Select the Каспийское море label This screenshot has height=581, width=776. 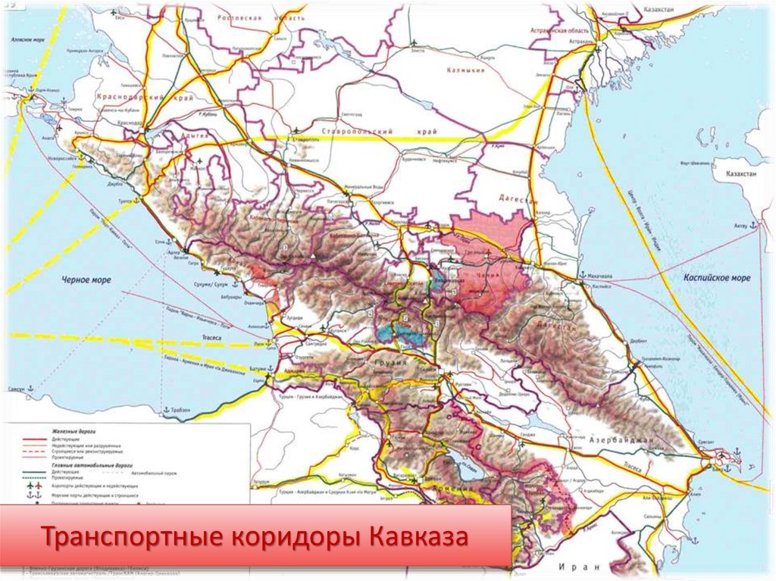coord(715,278)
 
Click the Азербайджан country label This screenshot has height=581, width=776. coord(615,439)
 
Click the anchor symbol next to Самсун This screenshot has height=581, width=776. coord(30,388)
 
